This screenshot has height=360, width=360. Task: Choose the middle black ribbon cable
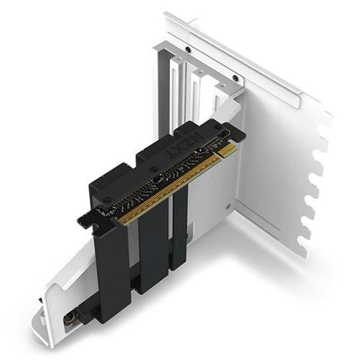point(153,245)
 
